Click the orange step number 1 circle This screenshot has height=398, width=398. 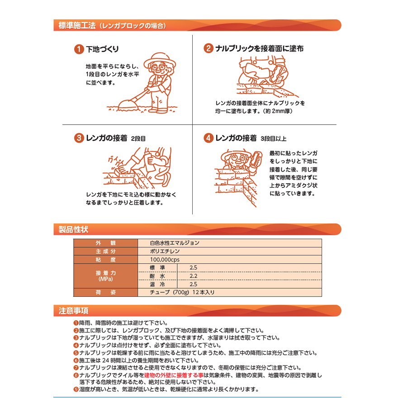[x=79, y=49]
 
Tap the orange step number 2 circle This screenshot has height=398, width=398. [x=208, y=48]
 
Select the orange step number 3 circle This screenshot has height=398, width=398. [x=79, y=138]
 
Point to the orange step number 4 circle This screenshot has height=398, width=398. [x=208, y=138]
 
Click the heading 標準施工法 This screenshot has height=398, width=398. [x=77, y=26]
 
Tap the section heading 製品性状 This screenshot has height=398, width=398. [x=73, y=229]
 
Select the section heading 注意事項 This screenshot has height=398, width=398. [x=73, y=311]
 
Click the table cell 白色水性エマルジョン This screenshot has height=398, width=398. [x=175, y=243]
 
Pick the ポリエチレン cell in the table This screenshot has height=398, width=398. [x=165, y=251]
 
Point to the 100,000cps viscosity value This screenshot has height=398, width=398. [x=165, y=260]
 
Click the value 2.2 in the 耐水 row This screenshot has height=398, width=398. [x=194, y=276]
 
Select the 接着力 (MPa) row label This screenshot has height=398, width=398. [x=105, y=276]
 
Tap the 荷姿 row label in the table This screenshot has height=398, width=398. [x=105, y=293]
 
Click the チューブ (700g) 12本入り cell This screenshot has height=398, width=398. [x=182, y=293]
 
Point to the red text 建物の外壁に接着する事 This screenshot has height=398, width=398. [x=174, y=375]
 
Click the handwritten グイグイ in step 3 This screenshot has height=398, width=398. [x=116, y=161]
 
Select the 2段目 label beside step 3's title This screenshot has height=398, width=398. [x=138, y=138]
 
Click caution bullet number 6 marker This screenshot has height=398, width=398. [x=76, y=360]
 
